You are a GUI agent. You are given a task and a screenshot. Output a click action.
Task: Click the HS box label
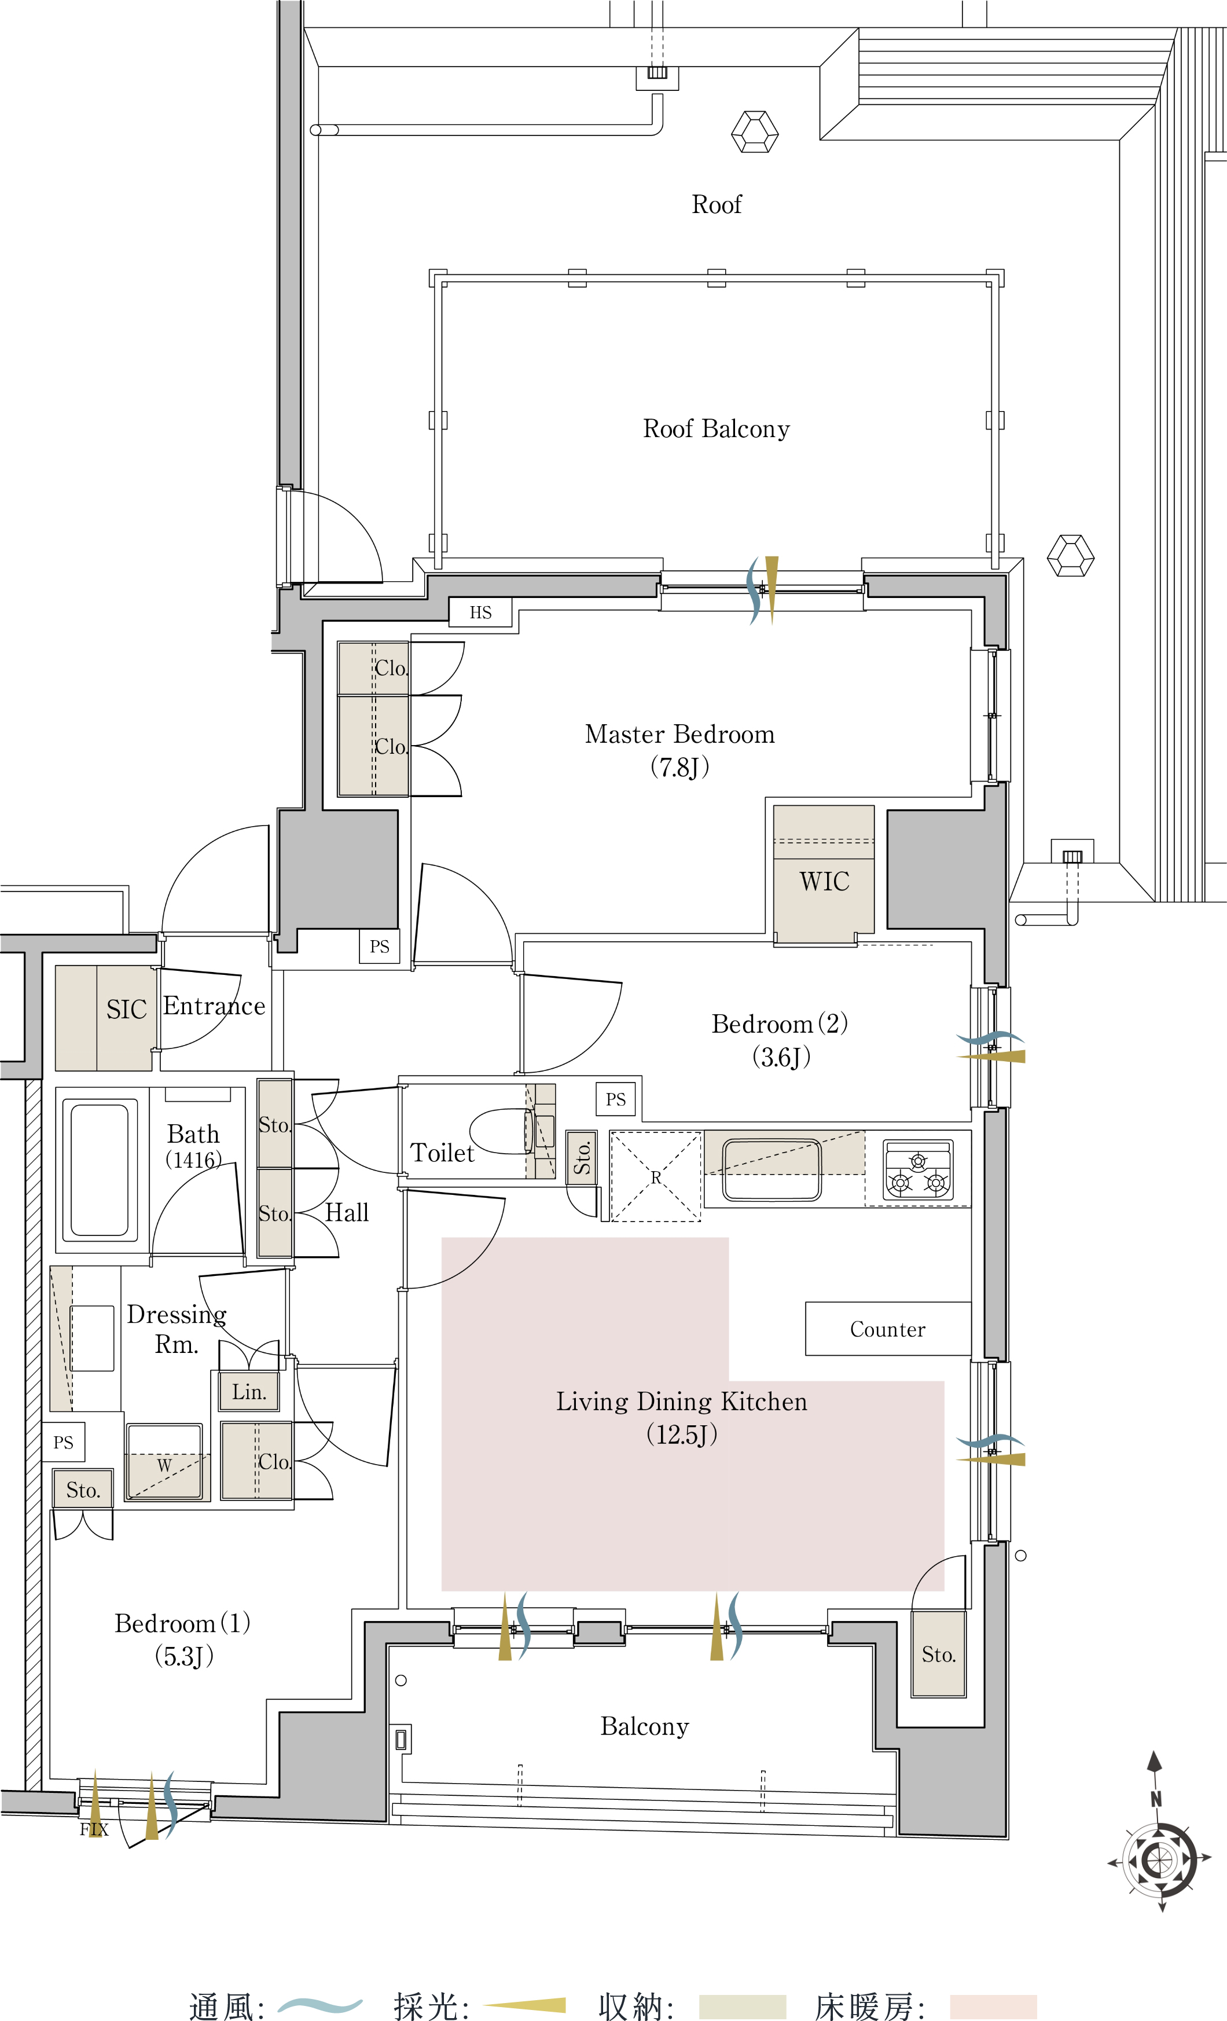480,612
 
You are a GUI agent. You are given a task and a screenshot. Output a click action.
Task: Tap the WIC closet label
824,882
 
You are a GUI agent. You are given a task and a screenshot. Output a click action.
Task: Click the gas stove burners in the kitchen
918,1171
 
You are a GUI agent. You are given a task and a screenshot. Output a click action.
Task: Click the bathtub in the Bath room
99,1169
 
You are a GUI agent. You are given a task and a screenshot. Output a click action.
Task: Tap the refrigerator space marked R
655,1177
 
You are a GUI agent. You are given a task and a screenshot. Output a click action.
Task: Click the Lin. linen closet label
249,1392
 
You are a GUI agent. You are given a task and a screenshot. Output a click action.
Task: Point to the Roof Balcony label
716,429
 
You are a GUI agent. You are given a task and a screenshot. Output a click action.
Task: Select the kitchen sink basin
771,1169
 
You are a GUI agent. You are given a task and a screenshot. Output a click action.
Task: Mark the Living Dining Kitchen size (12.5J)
682,1435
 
